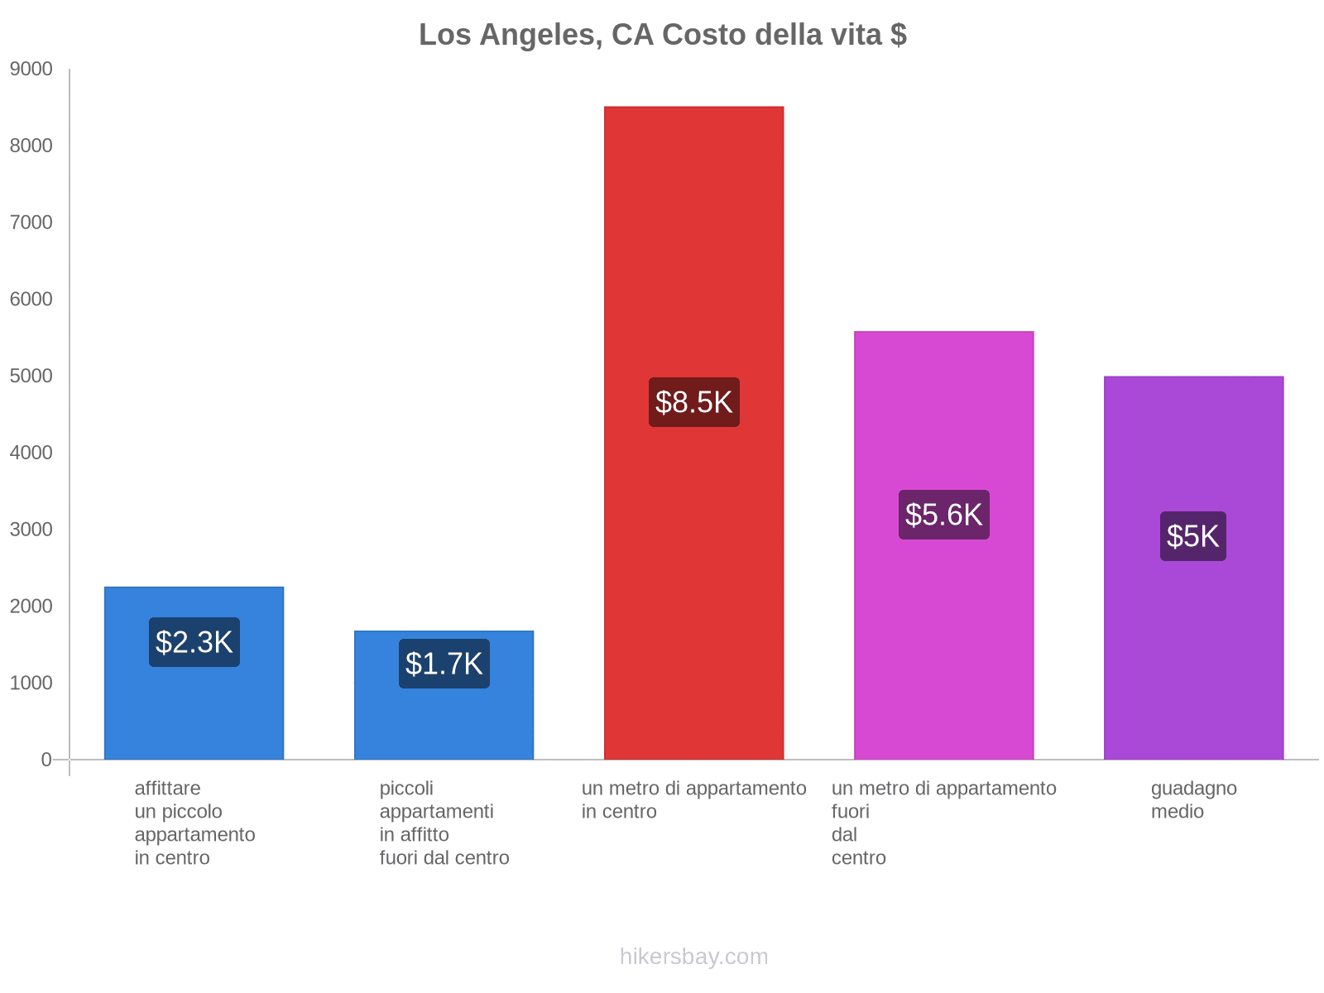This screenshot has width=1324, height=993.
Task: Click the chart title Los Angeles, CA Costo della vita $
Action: [662, 35]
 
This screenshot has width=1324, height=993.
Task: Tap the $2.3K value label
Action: [194, 642]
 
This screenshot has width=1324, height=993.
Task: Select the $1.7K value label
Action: [444, 664]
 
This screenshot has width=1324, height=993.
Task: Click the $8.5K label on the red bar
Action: [693, 402]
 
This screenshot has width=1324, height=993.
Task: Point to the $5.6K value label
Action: [943, 515]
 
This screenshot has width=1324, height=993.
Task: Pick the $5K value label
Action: [1192, 536]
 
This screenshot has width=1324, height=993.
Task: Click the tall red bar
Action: [693, 248]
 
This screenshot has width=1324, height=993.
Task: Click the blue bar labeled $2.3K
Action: [194, 712]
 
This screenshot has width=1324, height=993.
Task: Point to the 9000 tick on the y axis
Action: [31, 70]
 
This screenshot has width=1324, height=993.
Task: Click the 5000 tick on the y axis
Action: [31, 377]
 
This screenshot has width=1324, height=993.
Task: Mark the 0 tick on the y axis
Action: [46, 760]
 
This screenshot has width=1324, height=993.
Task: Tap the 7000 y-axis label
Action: [31, 223]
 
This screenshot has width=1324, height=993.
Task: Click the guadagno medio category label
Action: [1193, 799]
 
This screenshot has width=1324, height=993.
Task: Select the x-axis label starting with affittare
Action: [194, 823]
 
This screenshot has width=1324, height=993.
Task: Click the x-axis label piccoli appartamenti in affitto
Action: [444, 823]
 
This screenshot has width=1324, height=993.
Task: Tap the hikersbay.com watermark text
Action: [693, 957]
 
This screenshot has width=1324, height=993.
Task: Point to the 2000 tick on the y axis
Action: [31, 607]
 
